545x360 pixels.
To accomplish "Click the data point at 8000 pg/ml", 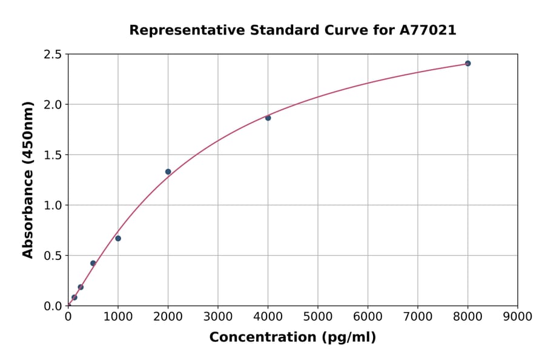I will [467, 64].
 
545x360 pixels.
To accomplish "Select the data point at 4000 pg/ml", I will [268, 118].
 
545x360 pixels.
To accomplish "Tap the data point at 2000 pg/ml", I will [168, 172].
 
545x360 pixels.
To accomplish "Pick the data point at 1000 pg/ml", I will [118, 238].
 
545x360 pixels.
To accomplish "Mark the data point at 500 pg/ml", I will [93, 263].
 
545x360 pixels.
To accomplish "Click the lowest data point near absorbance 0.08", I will [74, 298].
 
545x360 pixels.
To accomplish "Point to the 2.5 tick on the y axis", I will [53, 55].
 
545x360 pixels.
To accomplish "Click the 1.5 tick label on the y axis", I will [53, 155].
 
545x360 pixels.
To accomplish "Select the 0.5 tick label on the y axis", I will [53, 256].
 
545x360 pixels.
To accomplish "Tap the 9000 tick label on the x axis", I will [517, 317].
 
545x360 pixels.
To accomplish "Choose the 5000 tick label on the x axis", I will [317, 317].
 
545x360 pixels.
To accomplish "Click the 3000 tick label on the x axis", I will [218, 317].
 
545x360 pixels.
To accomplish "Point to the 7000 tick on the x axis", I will [417, 317].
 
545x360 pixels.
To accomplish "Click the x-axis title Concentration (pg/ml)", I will [292, 338].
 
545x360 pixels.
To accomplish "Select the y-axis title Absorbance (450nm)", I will [28, 179].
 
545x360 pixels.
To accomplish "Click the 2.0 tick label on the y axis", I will [53, 105].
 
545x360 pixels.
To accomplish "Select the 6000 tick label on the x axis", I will [368, 317].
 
